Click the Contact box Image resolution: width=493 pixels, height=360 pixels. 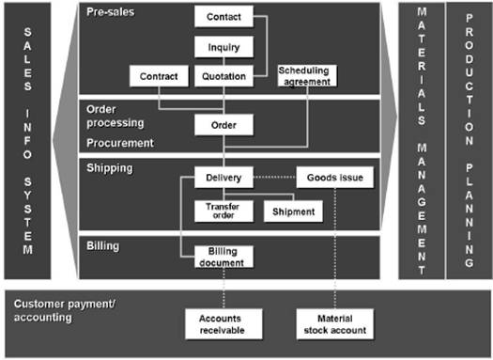[223, 18]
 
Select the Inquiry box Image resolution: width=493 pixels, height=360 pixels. [223, 47]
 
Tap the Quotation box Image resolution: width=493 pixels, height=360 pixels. [223, 76]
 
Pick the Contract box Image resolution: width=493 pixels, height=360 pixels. [158, 76]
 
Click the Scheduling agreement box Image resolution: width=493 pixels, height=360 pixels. [306, 76]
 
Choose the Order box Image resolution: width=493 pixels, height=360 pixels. [223, 124]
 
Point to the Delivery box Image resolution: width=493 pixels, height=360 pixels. [223, 177]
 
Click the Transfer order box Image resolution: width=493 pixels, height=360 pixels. [223, 211]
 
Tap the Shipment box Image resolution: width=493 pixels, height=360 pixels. [293, 211]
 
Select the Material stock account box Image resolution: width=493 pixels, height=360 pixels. [333, 324]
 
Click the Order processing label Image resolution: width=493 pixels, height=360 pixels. [115, 116]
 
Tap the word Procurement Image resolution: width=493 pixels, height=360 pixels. [119, 143]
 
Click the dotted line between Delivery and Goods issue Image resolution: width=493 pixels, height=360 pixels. [275, 177]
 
